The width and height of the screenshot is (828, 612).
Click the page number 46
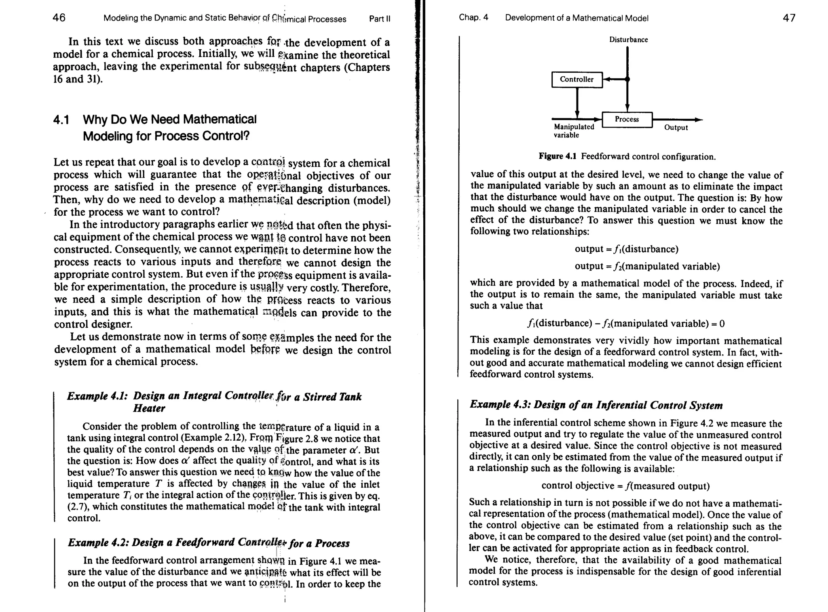pyautogui.click(x=59, y=18)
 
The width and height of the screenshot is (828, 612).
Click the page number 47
pyautogui.click(x=789, y=18)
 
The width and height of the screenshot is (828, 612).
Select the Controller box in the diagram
pyautogui.click(x=577, y=80)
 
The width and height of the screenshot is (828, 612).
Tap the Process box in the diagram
pyautogui.click(x=627, y=120)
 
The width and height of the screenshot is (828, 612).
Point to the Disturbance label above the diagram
pyautogui.click(x=628, y=40)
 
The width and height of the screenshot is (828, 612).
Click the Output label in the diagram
pyautogui.click(x=676, y=128)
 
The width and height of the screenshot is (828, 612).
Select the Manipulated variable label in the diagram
pyautogui.click(x=573, y=131)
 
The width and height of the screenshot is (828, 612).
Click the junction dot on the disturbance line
pyautogui.click(x=627, y=80)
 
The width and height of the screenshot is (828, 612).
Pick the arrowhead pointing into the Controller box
pyautogui.click(x=606, y=80)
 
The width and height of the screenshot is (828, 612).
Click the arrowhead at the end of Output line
pyautogui.click(x=699, y=120)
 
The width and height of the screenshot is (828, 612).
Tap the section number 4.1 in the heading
pyautogui.click(x=61, y=120)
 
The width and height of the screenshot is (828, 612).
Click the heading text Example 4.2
pyautogui.click(x=98, y=543)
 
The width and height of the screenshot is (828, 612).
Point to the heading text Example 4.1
pyautogui.click(x=97, y=396)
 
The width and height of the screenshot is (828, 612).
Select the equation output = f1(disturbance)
pyautogui.click(x=626, y=249)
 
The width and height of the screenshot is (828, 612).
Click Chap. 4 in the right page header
pyautogui.click(x=473, y=18)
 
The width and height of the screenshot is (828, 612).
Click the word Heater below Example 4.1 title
pyautogui.click(x=149, y=408)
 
